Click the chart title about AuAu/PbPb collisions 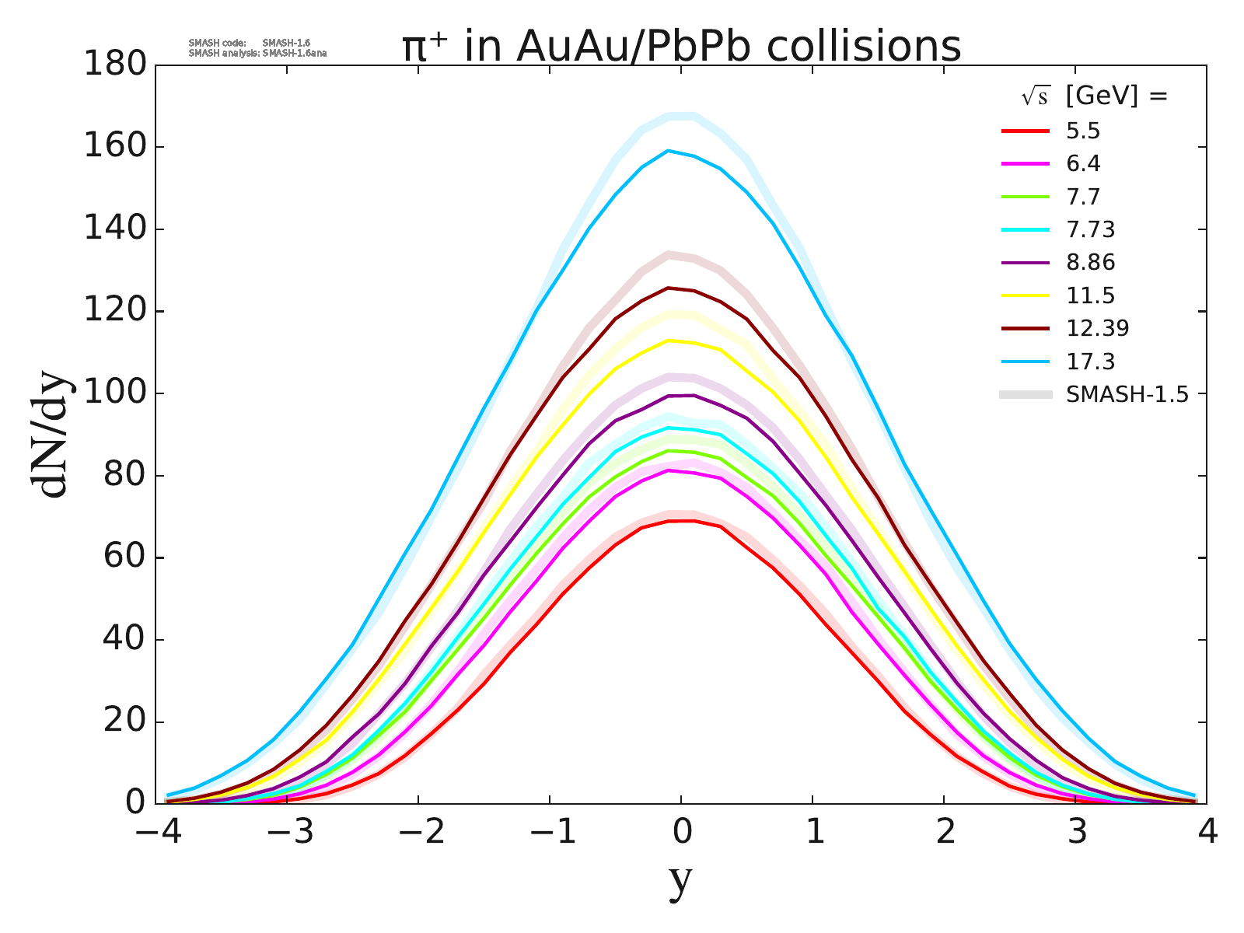(x=681, y=47)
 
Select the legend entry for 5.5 (x=1083, y=131)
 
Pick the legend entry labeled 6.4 (x=1083, y=164)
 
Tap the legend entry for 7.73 (x=1090, y=230)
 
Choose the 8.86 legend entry (x=1090, y=263)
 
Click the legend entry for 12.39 (x=1097, y=328)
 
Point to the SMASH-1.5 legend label (x=1127, y=394)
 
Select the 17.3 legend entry (x=1090, y=362)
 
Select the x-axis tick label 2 (x=944, y=833)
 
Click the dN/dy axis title (x=50, y=435)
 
